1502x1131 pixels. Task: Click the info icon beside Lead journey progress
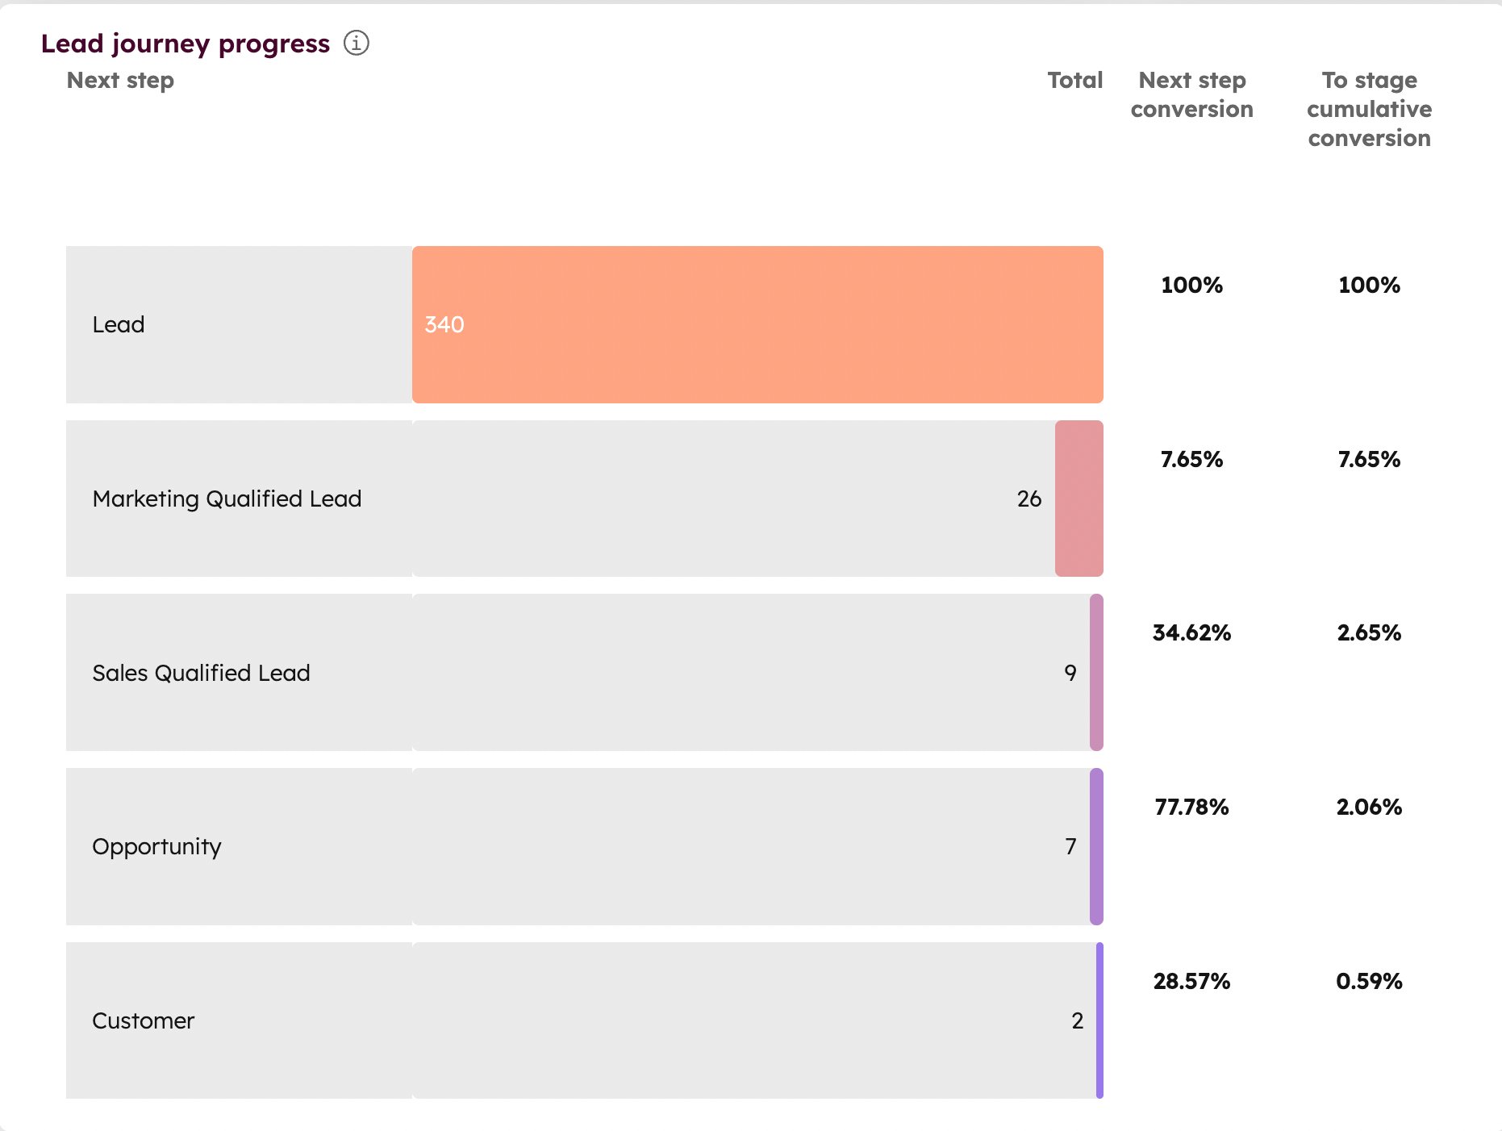click(356, 43)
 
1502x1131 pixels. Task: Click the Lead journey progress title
click(186, 44)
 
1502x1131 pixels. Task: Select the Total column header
click(1074, 81)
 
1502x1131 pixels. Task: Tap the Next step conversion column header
click(1191, 94)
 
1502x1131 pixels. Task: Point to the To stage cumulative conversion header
click(1369, 109)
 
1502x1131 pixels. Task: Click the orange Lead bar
click(758, 324)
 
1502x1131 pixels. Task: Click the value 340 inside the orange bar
click(444, 324)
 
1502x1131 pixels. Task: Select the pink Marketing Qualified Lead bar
click(1079, 499)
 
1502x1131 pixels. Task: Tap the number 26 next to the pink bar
click(1028, 499)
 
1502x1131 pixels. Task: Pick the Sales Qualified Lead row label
click(201, 673)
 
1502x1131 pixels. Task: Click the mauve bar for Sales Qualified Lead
click(1096, 673)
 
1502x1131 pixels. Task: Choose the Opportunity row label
click(156, 846)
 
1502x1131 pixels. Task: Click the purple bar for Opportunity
click(1096, 846)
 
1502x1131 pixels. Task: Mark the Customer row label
click(144, 1020)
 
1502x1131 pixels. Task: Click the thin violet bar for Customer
click(1099, 1020)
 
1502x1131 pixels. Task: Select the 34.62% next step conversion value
click(1191, 632)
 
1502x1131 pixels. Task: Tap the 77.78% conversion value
click(1191, 807)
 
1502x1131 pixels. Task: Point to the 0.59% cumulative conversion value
click(1369, 981)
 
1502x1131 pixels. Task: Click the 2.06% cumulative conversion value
click(1369, 807)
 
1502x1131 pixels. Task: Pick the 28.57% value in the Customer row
click(1191, 981)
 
